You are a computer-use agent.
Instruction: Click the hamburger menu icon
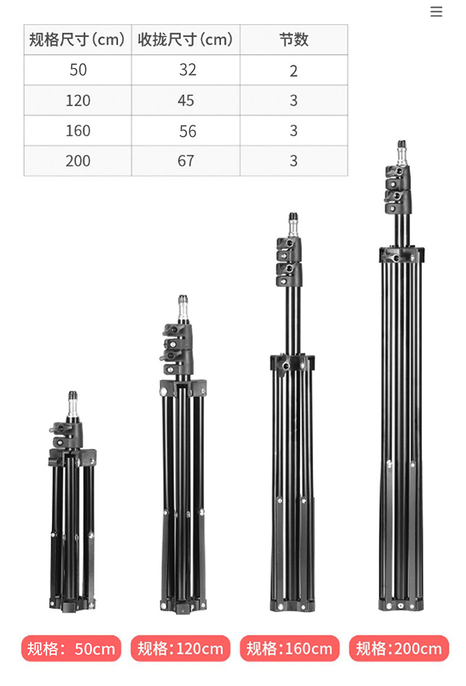[436, 12]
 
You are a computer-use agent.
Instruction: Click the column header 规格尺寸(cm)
[77, 40]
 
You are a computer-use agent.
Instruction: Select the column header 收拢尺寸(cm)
[185, 40]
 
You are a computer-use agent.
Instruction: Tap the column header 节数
[294, 40]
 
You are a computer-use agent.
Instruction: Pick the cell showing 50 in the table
[78, 70]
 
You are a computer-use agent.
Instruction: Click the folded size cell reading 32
[185, 70]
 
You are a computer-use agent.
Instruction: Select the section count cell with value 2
[294, 70]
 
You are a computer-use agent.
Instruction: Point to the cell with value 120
[78, 100]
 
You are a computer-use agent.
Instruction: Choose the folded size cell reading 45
[185, 100]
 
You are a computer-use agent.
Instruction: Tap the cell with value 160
[78, 130]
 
